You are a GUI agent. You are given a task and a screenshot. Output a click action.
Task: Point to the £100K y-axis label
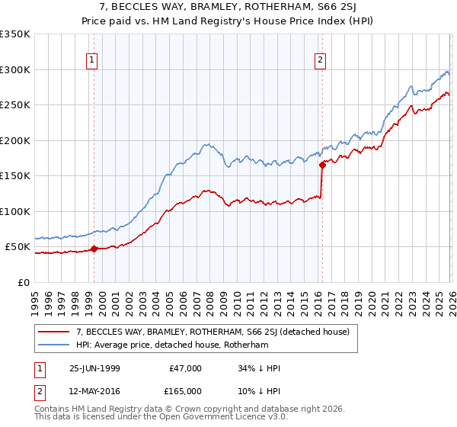click(15, 211)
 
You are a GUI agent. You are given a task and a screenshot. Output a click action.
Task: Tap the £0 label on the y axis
click(23, 282)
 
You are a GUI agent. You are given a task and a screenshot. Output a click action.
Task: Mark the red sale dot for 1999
click(94, 249)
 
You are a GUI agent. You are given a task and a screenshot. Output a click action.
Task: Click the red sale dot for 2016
click(322, 164)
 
